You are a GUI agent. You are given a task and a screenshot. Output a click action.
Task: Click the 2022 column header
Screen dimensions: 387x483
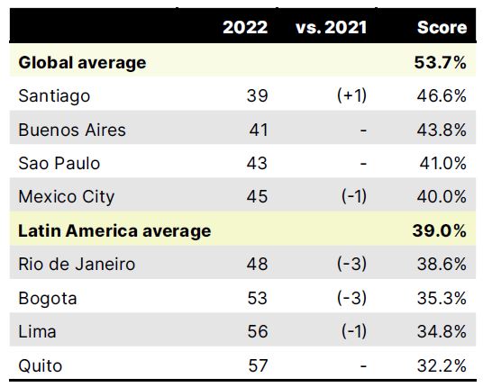(244, 27)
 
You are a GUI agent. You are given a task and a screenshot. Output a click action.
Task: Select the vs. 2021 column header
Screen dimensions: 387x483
(331, 27)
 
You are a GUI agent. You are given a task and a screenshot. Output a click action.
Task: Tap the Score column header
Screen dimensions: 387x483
(442, 27)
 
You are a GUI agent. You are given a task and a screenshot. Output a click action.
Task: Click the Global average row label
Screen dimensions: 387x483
(82, 62)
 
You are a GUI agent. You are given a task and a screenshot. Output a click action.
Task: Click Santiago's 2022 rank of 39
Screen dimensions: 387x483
(258, 95)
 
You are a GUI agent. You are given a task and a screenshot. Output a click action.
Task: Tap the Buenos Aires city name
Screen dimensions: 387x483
(72, 130)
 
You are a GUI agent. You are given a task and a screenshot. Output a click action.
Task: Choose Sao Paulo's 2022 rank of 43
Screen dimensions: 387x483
(258, 163)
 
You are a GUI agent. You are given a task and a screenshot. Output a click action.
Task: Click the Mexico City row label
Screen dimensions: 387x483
(67, 196)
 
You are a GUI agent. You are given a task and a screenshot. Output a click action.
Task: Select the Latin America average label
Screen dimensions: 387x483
(114, 230)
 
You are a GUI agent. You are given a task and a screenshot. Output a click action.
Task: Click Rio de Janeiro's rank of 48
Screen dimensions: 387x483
(258, 264)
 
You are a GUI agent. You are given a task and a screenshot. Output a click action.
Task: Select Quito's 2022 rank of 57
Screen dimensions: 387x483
(258, 365)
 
